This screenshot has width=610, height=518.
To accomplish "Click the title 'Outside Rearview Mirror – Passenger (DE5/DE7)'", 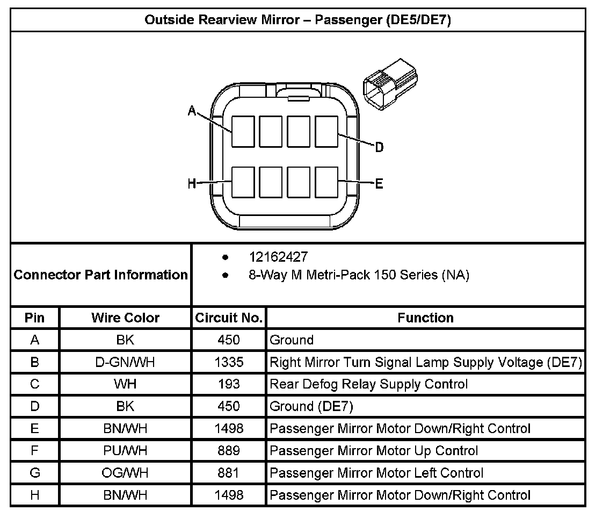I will (297, 20).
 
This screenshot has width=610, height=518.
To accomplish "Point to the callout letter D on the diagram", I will (379, 147).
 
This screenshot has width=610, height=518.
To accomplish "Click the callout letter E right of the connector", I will (379, 184).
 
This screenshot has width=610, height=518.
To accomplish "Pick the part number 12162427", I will (278, 257).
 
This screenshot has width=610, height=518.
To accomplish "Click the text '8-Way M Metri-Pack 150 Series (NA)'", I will (359, 275).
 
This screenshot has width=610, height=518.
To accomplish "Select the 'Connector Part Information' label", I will (100, 275).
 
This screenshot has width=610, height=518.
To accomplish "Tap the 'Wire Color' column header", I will (125, 318).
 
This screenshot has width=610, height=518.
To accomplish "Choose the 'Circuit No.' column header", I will (229, 318).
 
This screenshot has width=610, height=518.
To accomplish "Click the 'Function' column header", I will (425, 318).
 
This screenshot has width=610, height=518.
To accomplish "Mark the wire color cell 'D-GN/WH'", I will (125, 362).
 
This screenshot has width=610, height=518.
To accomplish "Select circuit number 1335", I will (229, 362).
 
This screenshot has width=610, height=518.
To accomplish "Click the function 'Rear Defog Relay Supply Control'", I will (369, 384).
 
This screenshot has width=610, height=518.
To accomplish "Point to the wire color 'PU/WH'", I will (125, 451).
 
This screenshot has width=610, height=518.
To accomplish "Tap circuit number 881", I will (229, 473).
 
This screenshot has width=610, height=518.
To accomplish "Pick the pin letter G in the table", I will (35, 473).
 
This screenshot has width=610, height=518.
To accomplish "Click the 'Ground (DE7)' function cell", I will (311, 406).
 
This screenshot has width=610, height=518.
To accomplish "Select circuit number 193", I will (229, 384).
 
